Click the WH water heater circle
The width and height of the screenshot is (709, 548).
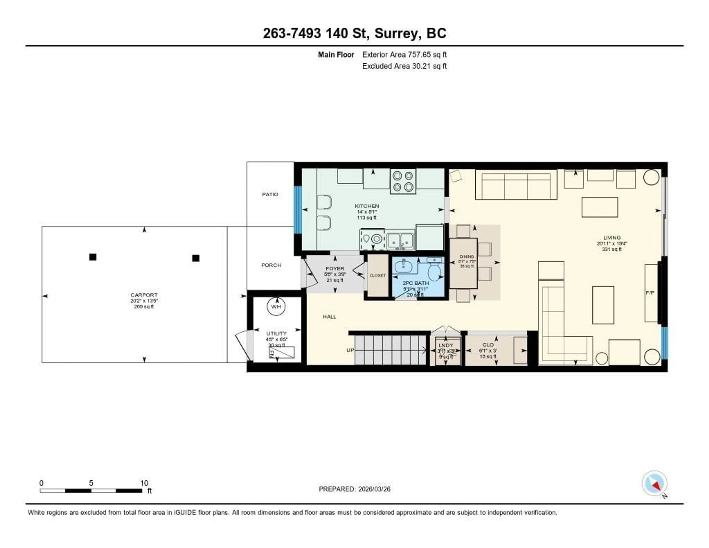click(x=276, y=306)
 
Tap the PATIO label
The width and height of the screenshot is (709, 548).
click(x=270, y=194)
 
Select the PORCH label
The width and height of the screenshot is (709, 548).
click(x=271, y=265)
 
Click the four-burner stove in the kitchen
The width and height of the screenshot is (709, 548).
click(x=403, y=181)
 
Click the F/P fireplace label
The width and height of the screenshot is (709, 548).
click(x=650, y=293)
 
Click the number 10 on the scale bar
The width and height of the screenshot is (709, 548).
click(x=144, y=483)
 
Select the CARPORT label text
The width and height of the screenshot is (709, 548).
click(x=144, y=295)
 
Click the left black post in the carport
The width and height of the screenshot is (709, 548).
click(x=93, y=257)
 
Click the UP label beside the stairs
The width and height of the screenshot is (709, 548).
click(x=350, y=350)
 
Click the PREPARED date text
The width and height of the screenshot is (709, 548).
click(x=354, y=489)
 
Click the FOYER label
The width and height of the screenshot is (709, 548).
click(x=335, y=269)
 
